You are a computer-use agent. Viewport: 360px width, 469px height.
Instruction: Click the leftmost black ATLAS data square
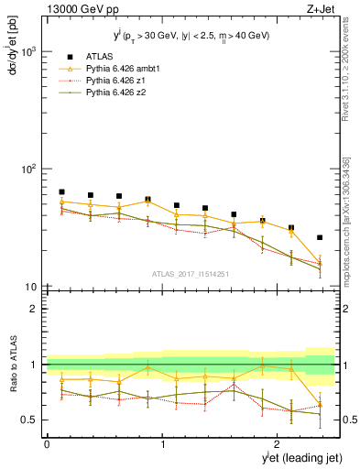61,192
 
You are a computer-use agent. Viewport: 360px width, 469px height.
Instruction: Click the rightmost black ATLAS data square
320,237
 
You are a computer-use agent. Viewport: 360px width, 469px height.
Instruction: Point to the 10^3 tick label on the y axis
29,51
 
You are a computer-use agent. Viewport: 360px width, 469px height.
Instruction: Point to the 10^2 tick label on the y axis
29,169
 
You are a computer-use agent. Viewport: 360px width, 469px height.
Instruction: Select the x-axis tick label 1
162,444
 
